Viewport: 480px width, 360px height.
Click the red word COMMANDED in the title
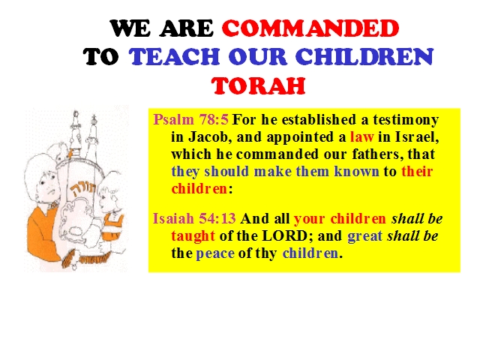[x=310, y=28]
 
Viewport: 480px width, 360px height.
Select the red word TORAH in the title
[x=258, y=85]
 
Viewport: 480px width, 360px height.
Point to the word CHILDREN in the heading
[x=364, y=57]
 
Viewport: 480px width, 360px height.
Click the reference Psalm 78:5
[x=191, y=119]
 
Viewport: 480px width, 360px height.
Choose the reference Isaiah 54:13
[x=194, y=218]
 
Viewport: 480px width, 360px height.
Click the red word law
[x=361, y=136]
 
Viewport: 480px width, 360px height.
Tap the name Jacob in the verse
[x=208, y=136]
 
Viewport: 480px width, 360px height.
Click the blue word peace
[x=215, y=253]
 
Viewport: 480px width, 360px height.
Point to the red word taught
[x=193, y=236]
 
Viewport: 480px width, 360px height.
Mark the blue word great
[x=365, y=236]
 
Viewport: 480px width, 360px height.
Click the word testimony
[x=406, y=120]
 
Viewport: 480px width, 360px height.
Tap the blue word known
[x=356, y=172]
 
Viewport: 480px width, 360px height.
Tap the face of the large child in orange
[x=48, y=185]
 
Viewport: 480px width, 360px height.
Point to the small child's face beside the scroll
[x=108, y=198]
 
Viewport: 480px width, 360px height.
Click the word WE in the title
[x=130, y=28]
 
